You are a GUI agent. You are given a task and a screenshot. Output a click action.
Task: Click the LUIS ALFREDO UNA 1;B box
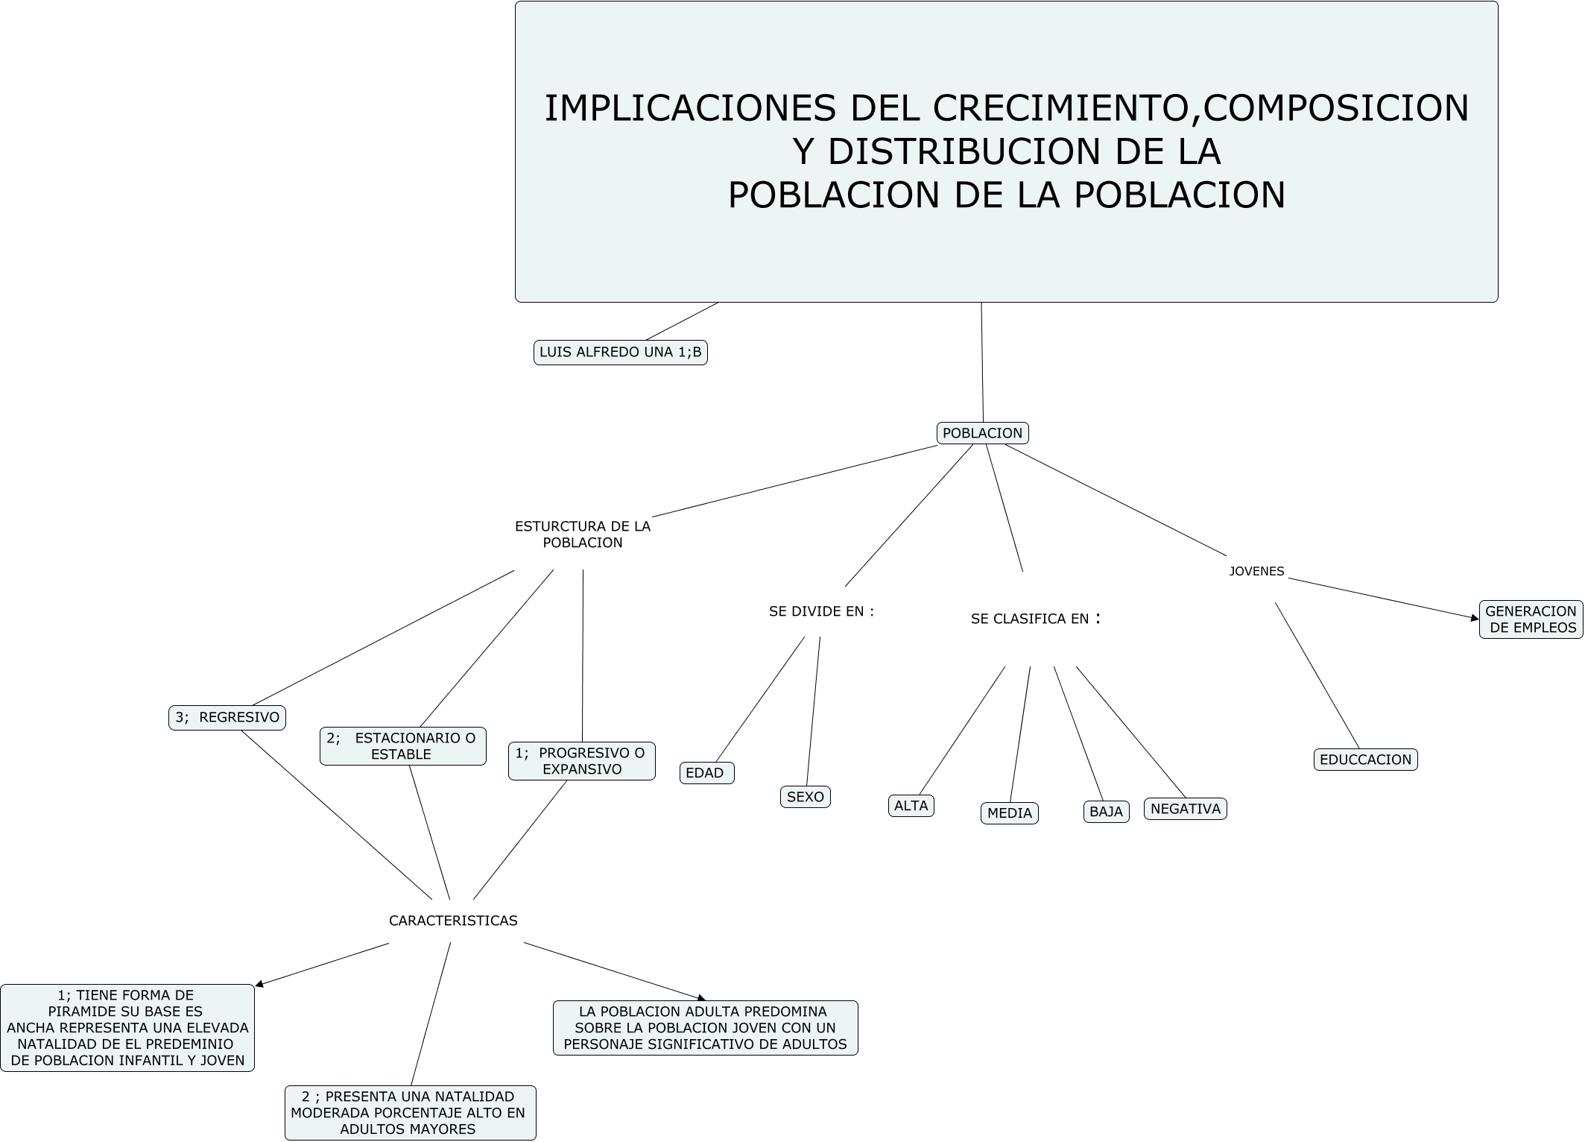(620, 353)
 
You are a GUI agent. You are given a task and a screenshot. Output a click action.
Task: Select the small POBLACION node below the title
(982, 433)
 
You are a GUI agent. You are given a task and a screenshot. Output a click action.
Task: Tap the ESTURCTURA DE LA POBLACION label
(583, 534)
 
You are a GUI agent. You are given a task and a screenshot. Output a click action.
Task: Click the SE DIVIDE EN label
(821, 611)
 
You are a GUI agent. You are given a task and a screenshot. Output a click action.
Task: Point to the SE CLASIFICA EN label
(1035, 619)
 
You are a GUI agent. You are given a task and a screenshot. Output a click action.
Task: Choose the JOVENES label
(1256, 572)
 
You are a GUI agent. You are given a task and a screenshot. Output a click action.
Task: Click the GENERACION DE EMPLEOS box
(1531, 619)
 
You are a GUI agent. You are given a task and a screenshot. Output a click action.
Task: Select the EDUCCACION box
(1365, 760)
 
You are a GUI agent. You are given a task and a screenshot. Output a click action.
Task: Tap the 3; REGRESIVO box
(227, 718)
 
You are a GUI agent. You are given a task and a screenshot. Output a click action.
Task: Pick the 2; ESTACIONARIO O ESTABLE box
(402, 746)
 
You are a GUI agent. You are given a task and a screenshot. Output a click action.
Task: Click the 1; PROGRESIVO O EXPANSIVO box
(581, 761)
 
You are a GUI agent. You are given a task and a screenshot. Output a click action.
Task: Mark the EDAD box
(706, 773)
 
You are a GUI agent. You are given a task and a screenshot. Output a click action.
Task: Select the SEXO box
(805, 797)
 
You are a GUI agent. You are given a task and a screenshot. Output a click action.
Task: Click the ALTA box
(911, 806)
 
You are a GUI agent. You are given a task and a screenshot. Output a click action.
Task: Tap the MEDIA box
(1009, 813)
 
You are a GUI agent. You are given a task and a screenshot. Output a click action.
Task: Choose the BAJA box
(1106, 812)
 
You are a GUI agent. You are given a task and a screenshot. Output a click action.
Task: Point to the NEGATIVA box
(1185, 809)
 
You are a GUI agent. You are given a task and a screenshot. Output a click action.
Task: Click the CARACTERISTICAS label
(453, 921)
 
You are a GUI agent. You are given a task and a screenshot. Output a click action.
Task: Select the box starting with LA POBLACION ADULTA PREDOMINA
(705, 1028)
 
